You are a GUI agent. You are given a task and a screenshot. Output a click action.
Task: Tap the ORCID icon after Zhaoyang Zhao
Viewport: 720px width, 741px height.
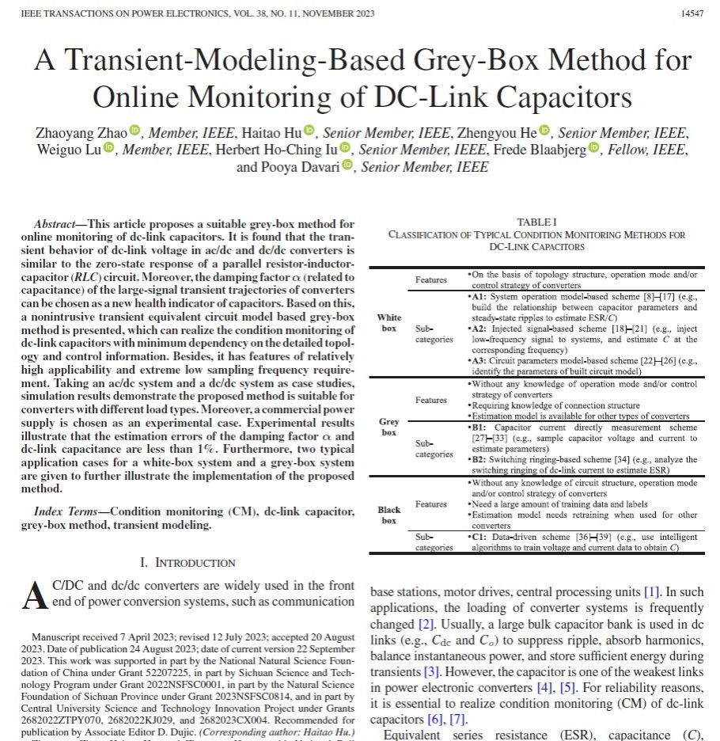click(x=135, y=131)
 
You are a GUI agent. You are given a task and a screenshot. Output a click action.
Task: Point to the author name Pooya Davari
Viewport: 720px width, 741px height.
click(x=306, y=167)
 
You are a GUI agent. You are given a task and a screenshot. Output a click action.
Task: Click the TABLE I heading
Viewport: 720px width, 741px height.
click(x=536, y=222)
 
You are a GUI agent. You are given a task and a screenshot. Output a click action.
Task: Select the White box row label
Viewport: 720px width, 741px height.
click(x=388, y=322)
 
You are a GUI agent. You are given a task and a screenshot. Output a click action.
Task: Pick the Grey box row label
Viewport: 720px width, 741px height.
click(x=388, y=427)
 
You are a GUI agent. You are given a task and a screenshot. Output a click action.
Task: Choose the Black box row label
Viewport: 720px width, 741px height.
click(x=388, y=515)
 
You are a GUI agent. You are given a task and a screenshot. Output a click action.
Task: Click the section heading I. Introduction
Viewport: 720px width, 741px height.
click(x=188, y=563)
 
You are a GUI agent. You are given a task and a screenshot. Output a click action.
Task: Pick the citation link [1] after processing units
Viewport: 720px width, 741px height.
click(x=651, y=592)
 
